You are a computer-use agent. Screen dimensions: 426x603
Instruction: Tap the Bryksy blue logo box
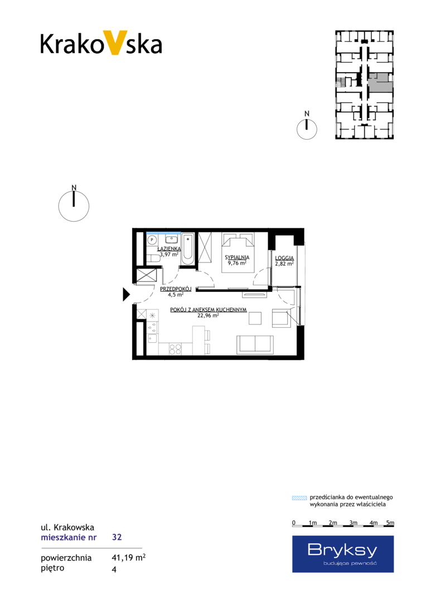click(343, 554)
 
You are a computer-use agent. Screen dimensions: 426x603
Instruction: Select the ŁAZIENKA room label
click(169, 249)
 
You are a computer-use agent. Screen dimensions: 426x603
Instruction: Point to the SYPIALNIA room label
click(237, 257)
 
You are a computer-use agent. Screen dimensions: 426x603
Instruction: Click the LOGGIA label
click(284, 259)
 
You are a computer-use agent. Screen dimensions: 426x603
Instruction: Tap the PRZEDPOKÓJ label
click(176, 289)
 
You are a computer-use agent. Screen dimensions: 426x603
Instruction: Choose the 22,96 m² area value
click(208, 315)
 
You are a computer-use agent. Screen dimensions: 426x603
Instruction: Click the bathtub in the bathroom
click(188, 249)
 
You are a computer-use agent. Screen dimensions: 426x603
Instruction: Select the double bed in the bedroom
click(238, 252)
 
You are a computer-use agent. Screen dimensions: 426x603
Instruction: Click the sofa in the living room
click(255, 344)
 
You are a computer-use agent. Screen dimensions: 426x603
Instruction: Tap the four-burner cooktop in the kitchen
click(176, 349)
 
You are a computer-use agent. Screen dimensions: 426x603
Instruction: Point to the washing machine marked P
click(152, 240)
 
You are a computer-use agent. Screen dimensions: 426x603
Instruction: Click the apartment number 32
click(117, 537)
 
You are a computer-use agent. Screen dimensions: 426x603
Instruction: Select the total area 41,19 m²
click(128, 558)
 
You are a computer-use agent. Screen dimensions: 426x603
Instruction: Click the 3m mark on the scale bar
click(353, 523)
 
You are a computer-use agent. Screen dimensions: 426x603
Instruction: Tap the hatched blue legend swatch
click(299, 498)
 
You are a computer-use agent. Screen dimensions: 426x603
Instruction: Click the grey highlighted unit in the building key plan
click(380, 84)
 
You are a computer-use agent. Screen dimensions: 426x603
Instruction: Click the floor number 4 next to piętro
click(114, 569)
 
